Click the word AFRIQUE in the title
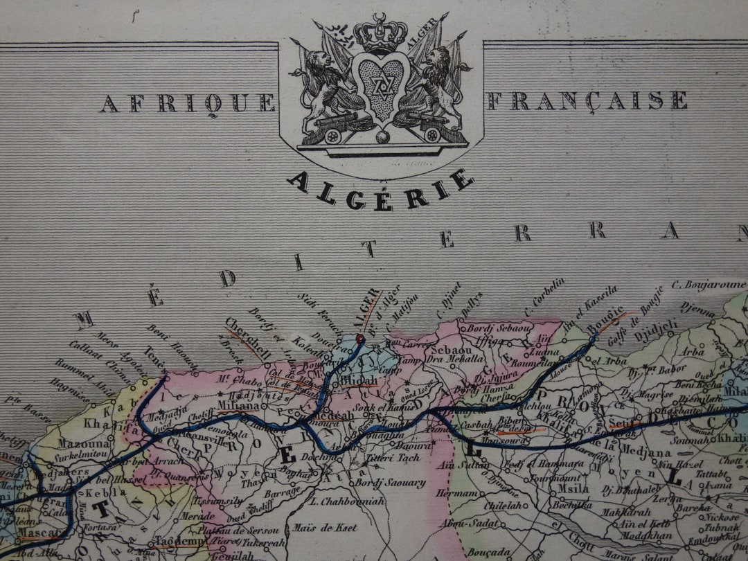(187, 103)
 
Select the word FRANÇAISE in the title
(587, 101)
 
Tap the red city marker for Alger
(359, 338)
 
